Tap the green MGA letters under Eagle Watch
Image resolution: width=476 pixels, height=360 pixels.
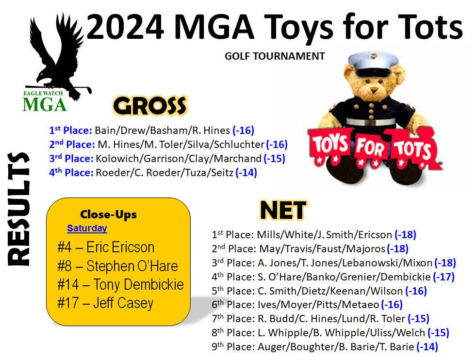pyautogui.click(x=45, y=105)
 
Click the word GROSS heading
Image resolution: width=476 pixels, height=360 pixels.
pyautogui.click(x=149, y=106)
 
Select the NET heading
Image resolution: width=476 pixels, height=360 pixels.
pyautogui.click(x=283, y=211)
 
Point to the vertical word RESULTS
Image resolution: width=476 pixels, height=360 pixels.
pyautogui.click(x=19, y=209)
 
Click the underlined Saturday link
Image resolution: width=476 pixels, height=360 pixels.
pyautogui.click(x=87, y=228)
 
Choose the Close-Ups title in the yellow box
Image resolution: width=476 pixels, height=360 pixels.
pyautogui.click(x=108, y=214)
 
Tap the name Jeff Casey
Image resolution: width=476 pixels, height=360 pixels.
pyautogui.click(x=123, y=303)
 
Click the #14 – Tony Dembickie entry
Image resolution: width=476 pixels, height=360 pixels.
pyautogui.click(x=120, y=285)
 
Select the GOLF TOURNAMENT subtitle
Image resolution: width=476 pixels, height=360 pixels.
pyautogui.click(x=275, y=56)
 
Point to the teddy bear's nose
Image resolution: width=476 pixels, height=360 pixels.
pyautogui.click(x=374, y=90)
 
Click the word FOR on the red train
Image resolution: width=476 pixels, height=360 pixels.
pyautogui.click(x=370, y=148)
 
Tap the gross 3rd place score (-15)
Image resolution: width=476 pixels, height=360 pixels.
pyautogui.click(x=275, y=159)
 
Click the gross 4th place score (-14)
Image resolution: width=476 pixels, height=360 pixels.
pyautogui.click(x=246, y=172)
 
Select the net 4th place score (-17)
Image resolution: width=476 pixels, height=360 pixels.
pyautogui.click(x=443, y=277)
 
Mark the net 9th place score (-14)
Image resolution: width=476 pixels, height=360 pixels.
pyautogui.click(x=427, y=346)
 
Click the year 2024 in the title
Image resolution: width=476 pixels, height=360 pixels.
pyautogui.click(x=125, y=27)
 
